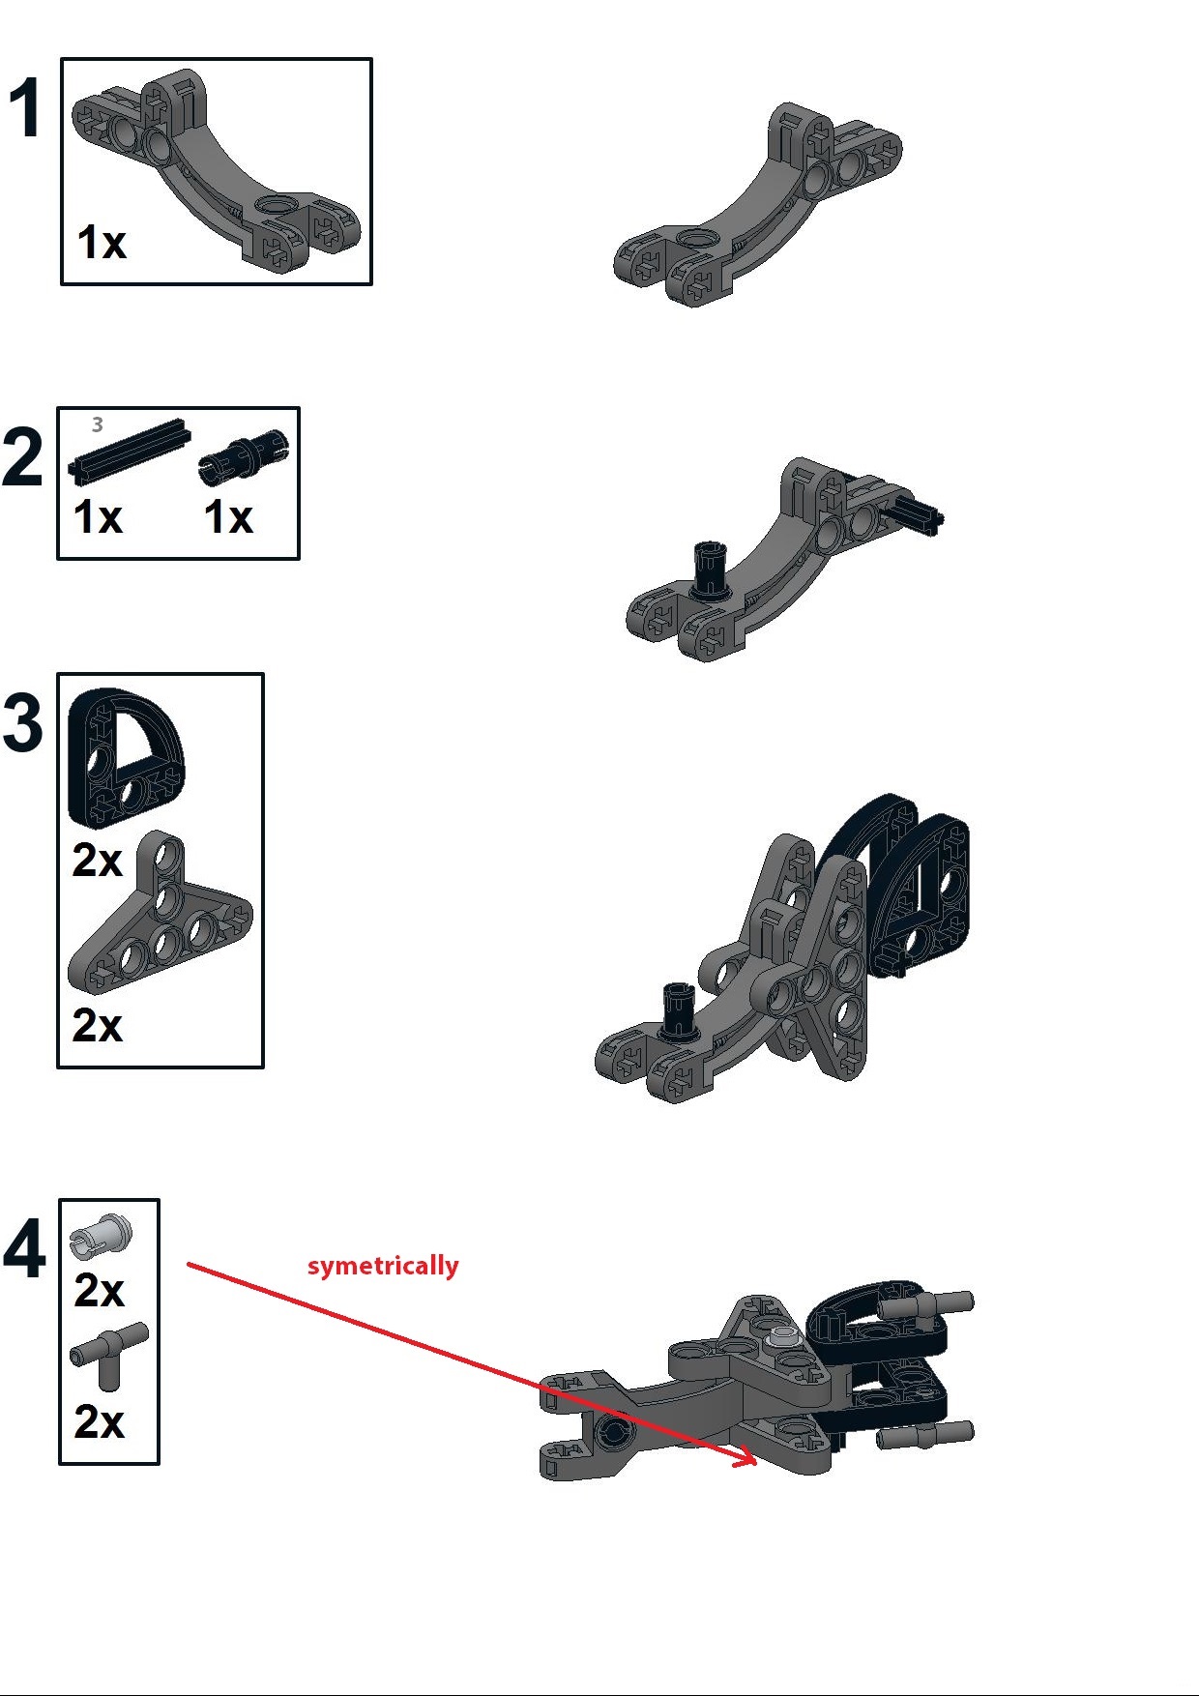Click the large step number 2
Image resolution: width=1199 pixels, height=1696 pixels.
tap(22, 457)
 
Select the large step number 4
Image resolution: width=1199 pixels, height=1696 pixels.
tap(23, 1250)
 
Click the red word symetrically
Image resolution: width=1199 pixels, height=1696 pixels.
tap(383, 1265)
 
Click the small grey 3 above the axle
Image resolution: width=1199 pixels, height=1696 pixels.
tap(97, 424)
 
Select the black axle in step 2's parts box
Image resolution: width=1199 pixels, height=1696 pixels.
tap(128, 453)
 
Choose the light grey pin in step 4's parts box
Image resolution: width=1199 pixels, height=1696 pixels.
tap(100, 1233)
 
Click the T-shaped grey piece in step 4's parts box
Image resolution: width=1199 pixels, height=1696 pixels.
tap(108, 1352)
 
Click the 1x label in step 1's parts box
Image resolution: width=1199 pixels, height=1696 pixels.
tap(102, 243)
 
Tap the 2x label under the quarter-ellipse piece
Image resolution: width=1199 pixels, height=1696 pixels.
tap(98, 860)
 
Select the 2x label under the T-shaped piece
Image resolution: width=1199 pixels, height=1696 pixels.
tap(99, 1421)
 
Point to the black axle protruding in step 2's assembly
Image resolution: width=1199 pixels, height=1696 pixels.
tap(918, 513)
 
